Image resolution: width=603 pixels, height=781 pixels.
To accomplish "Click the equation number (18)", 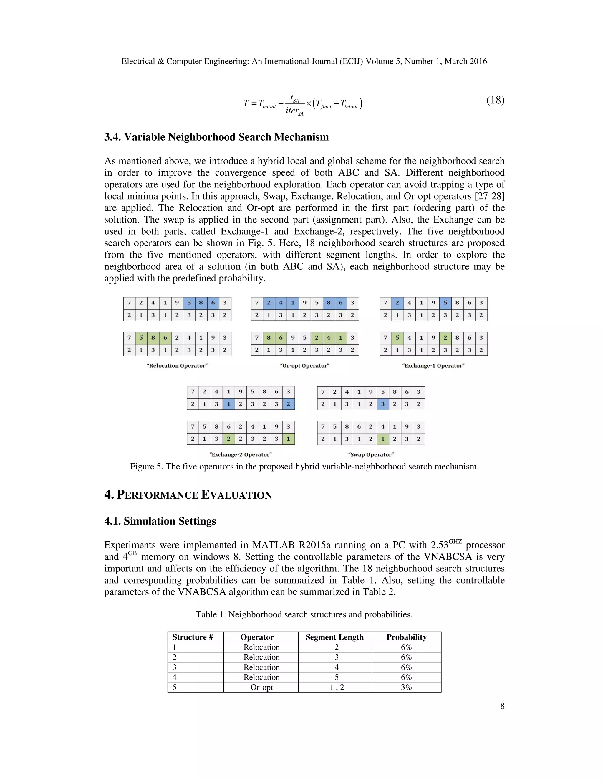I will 495,100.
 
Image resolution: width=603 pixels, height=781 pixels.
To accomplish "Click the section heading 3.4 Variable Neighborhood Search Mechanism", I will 216,137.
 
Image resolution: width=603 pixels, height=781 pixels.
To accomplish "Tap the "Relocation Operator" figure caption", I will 177,365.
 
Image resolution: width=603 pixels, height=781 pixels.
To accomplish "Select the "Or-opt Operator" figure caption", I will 305,365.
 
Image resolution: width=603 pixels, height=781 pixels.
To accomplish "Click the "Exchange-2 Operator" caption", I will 241,454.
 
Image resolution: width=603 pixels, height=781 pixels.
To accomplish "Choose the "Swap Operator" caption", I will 371,454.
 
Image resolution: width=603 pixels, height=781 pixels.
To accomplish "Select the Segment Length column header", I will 334,637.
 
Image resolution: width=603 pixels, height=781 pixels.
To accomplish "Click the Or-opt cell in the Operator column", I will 261,687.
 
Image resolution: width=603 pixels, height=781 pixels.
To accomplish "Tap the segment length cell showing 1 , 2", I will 337,687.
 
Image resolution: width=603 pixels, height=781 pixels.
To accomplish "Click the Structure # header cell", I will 193,637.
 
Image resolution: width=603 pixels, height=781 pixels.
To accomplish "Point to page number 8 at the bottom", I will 502,706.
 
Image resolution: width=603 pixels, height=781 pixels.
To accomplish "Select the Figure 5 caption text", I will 304,467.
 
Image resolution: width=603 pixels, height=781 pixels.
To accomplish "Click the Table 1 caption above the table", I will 304,614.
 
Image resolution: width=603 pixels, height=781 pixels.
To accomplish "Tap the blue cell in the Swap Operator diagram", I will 382,404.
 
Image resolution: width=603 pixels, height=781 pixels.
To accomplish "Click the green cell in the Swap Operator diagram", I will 382,439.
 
